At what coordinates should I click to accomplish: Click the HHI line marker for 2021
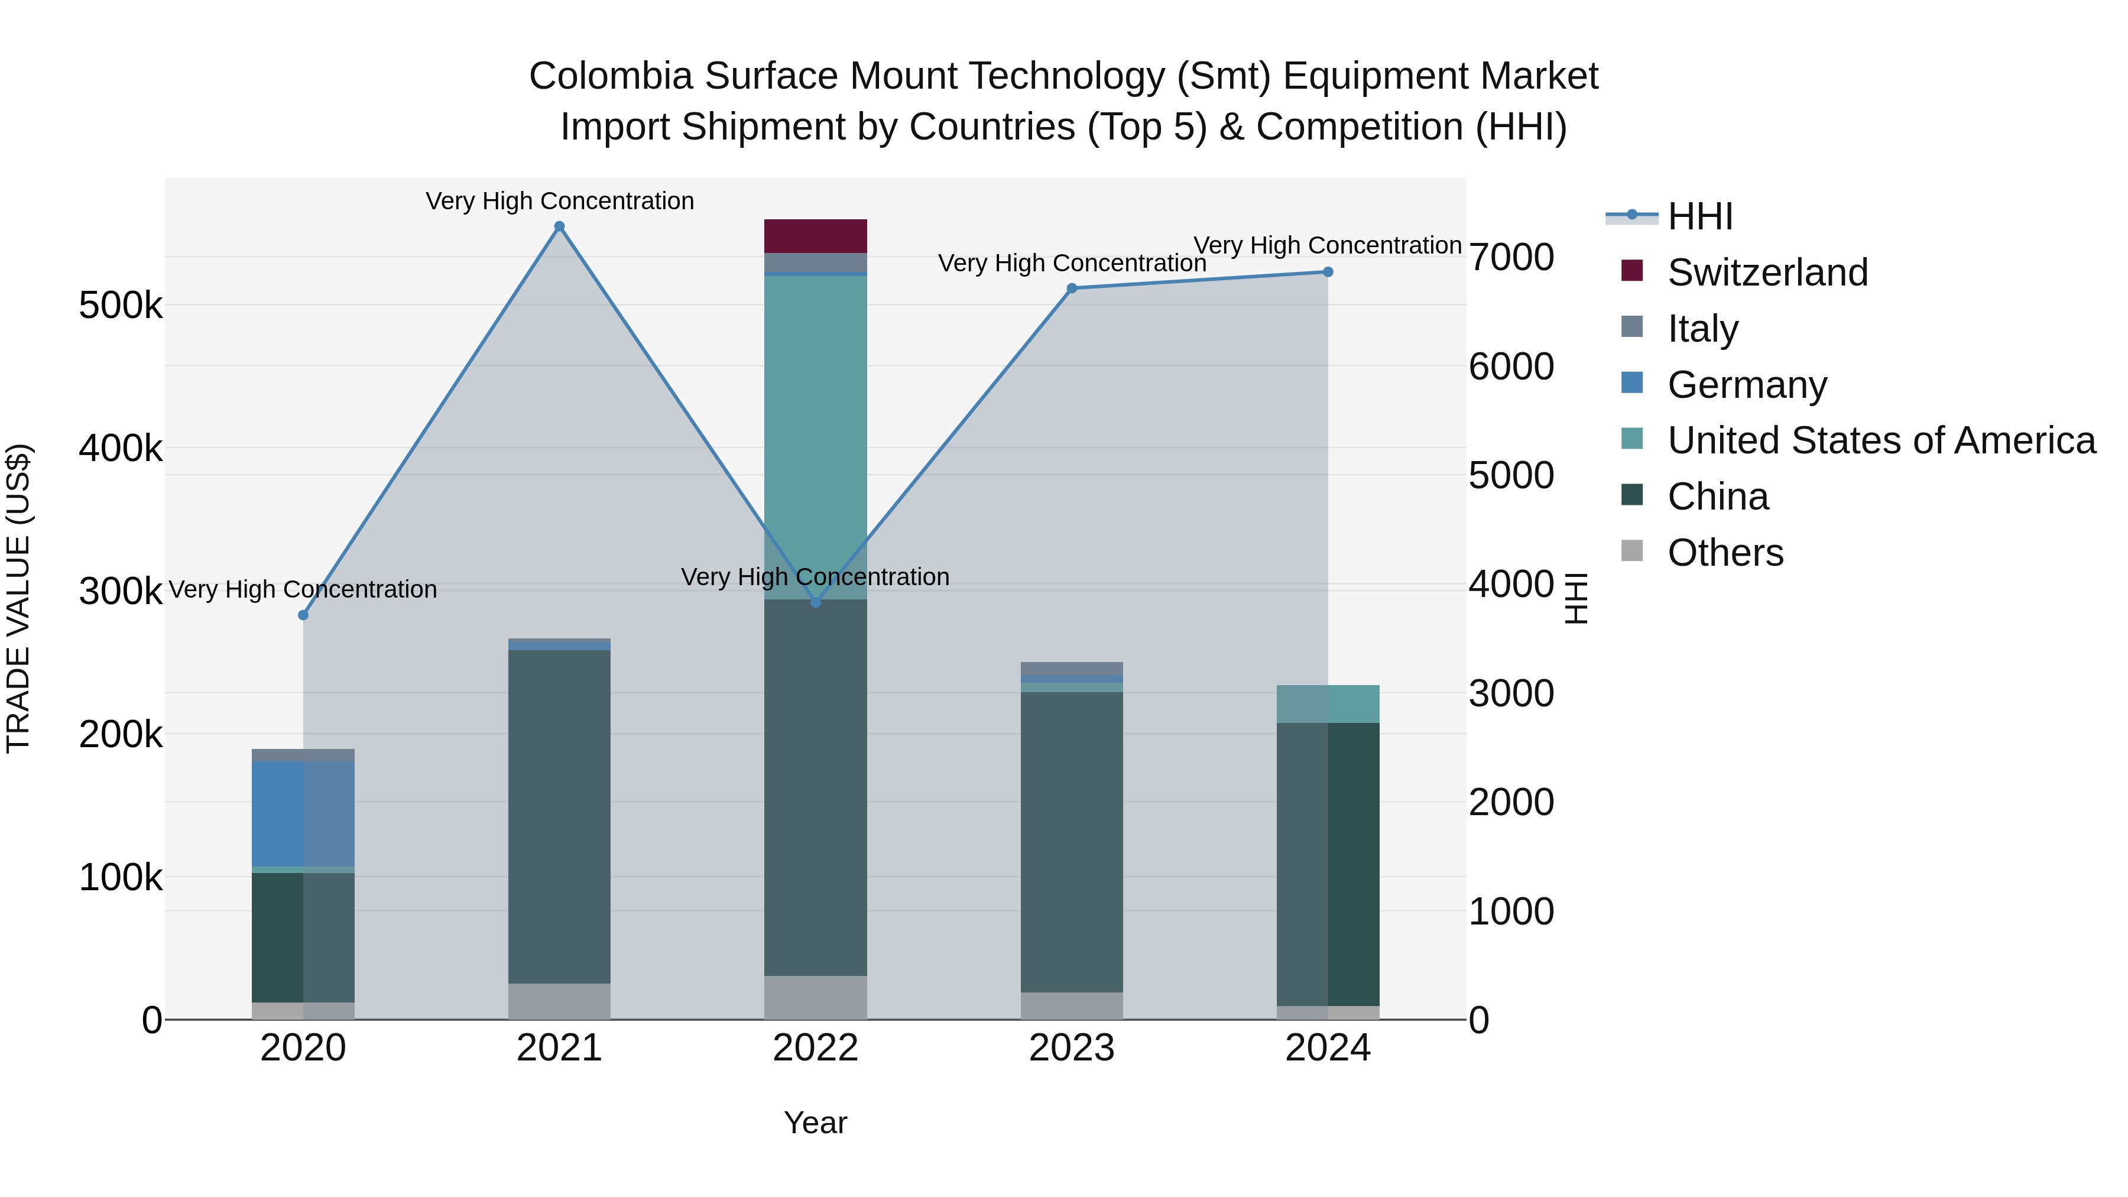click(559, 226)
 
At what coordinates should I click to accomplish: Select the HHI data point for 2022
click(815, 603)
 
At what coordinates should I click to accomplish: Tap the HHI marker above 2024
click(1328, 272)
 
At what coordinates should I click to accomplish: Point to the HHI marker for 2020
click(303, 615)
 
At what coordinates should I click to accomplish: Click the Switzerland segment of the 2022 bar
click(815, 236)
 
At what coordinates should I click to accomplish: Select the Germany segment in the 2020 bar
click(303, 814)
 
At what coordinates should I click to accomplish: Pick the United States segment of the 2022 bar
click(815, 413)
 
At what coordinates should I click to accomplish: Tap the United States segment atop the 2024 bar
click(1328, 704)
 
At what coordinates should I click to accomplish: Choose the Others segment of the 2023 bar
click(1072, 1005)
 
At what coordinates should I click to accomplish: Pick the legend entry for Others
click(1725, 553)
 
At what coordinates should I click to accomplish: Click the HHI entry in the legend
click(1699, 216)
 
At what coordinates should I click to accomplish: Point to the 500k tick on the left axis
click(121, 306)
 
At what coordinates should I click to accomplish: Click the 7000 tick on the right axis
click(1511, 257)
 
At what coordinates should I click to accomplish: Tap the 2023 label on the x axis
click(1072, 1048)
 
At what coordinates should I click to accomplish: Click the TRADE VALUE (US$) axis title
click(18, 598)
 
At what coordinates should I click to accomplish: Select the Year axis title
click(815, 1123)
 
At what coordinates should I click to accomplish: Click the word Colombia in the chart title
click(611, 76)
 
